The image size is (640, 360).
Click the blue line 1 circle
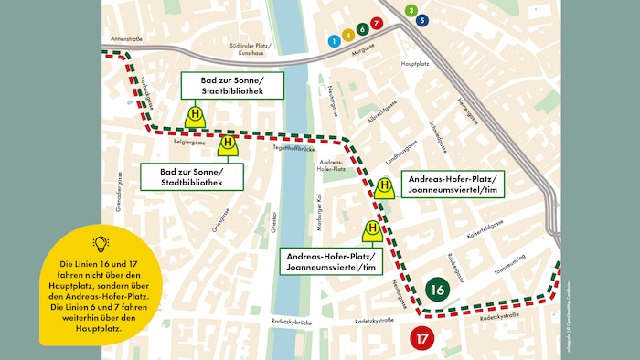click(x=335, y=41)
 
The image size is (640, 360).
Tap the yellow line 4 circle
click(x=348, y=35)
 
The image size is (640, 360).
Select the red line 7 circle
click(x=376, y=23)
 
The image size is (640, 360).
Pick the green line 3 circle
click(x=411, y=10)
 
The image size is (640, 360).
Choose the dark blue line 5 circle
click(x=421, y=20)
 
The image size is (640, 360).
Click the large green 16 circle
click(x=436, y=290)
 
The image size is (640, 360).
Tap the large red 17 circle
click(x=423, y=338)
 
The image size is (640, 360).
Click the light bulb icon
click(x=101, y=243)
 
